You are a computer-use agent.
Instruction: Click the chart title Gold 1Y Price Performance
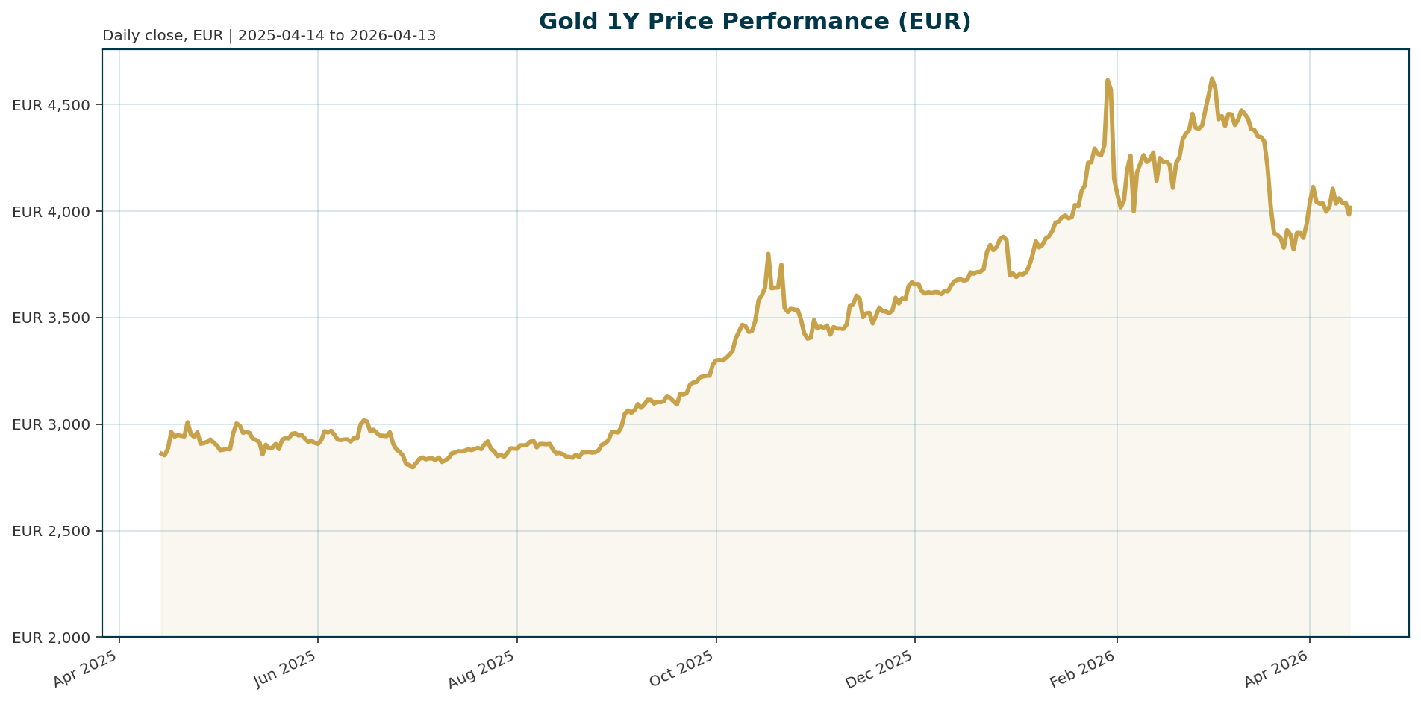pos(755,22)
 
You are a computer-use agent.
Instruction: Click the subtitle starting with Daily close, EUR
pos(269,36)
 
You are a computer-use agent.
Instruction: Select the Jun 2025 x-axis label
pos(284,669)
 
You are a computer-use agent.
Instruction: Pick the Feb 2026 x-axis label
pos(1082,669)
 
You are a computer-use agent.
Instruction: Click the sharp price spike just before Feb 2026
pos(1108,80)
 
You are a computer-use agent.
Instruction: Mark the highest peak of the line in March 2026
pos(1212,78)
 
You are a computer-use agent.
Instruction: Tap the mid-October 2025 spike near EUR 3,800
pos(768,254)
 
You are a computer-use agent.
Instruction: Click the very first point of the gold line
pos(161,453)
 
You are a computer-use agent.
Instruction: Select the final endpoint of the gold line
pos(1349,208)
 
